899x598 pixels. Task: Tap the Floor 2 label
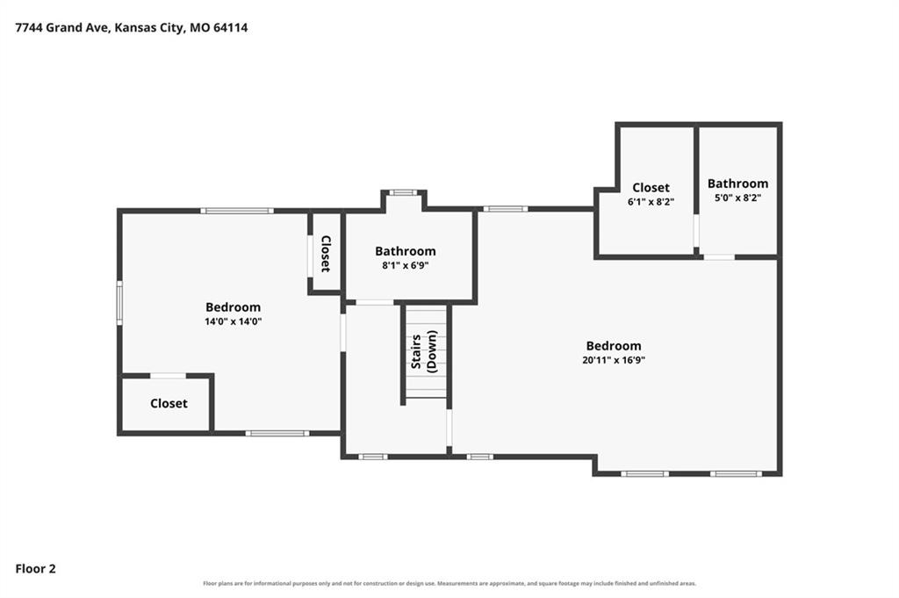tap(35, 569)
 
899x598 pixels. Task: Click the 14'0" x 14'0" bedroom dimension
tap(234, 321)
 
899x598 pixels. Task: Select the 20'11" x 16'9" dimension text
tap(614, 360)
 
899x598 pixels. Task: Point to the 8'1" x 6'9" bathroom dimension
tap(406, 265)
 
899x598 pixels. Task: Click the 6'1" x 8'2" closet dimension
tap(651, 202)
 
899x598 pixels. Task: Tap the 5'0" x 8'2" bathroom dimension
tap(737, 198)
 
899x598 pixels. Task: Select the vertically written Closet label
tap(326, 254)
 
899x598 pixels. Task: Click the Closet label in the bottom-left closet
tap(169, 404)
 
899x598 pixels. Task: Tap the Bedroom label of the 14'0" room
tap(234, 307)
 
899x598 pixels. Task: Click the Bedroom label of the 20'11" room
tap(614, 346)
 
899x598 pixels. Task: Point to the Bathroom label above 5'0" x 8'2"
tap(737, 184)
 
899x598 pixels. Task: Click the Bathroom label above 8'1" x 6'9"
tap(406, 251)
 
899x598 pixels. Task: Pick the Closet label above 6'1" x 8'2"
tap(651, 188)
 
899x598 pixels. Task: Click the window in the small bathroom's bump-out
tap(403, 192)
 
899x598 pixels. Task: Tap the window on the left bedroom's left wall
tap(119, 303)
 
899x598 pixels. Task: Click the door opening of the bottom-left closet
tap(168, 376)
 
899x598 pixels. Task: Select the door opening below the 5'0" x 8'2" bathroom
tap(719, 257)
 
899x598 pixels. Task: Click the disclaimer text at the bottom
tap(449, 584)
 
